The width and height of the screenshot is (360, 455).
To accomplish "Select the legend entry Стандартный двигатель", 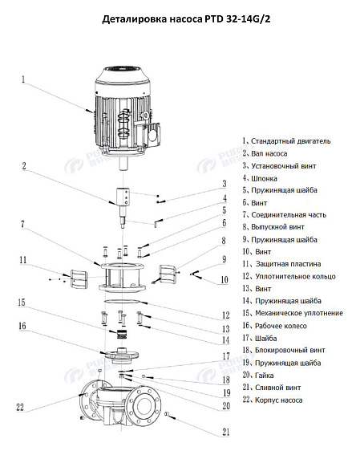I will [x=289, y=140].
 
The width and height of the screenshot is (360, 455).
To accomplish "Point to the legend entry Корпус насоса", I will [x=277, y=399].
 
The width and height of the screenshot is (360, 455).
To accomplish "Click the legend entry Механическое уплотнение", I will [x=297, y=312].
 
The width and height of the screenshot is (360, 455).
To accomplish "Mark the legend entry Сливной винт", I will [x=277, y=387].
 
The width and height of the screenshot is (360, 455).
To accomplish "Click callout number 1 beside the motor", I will [x=23, y=79].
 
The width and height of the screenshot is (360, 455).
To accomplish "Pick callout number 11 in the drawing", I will [x=23, y=260].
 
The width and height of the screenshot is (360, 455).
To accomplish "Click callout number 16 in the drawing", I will [x=23, y=326].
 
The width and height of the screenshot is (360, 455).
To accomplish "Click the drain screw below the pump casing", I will [x=169, y=414].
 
